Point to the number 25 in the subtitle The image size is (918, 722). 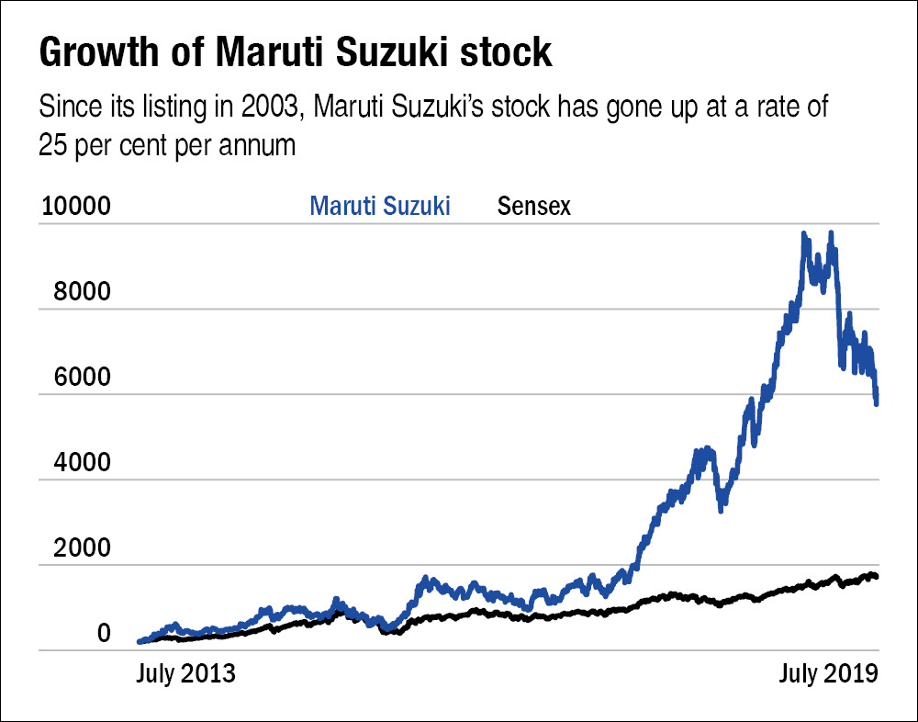pos(53,145)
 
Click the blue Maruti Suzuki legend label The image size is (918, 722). pos(380,206)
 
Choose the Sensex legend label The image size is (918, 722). pos(533,206)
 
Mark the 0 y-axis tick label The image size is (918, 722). pos(104,634)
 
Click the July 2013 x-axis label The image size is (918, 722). pos(185,673)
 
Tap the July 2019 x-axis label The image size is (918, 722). pos(828,673)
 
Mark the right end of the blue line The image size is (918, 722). pos(878,402)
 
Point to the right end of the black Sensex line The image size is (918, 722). pos(877,577)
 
